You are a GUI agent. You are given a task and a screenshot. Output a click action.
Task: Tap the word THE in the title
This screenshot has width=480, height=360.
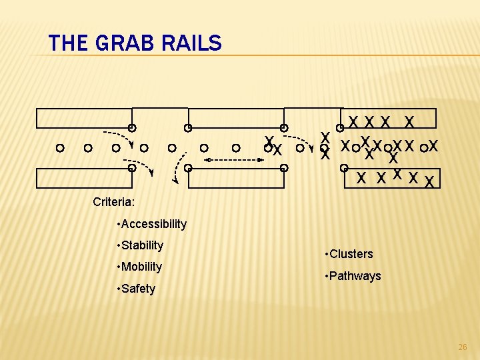[68, 44]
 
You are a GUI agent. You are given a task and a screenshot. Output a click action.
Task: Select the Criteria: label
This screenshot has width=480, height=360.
[114, 201]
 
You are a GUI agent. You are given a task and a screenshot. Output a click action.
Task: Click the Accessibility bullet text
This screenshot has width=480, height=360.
[153, 224]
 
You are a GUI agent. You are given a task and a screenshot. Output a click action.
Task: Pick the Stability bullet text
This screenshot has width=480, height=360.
[141, 245]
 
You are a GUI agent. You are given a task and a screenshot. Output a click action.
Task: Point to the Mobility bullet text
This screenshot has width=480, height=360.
[141, 267]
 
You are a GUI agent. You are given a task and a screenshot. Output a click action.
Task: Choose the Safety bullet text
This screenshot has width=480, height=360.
[137, 289]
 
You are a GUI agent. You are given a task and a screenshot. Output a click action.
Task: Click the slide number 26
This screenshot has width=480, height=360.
[463, 347]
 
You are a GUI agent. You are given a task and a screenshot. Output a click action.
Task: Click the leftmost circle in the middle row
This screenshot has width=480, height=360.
[60, 147]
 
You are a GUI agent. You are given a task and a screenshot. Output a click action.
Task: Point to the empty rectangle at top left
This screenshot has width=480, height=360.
[83, 118]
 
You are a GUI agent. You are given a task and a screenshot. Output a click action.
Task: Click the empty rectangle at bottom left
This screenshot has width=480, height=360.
[83, 178]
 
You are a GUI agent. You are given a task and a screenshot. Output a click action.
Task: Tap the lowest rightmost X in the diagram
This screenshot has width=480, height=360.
[429, 181]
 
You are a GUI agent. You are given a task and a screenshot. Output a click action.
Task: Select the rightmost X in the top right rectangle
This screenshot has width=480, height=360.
[411, 121]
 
